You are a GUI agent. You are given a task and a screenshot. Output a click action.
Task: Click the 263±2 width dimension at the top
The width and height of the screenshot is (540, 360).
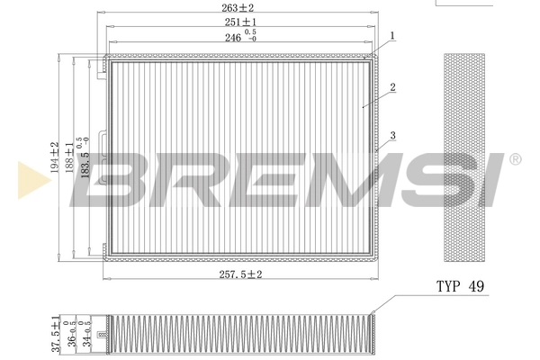point(239,8)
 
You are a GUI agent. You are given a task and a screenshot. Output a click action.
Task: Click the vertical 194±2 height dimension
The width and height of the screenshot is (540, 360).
point(55,158)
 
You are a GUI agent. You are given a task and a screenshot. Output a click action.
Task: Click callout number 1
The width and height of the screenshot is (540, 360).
point(393,36)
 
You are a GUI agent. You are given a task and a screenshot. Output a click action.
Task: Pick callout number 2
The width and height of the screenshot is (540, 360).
point(393,88)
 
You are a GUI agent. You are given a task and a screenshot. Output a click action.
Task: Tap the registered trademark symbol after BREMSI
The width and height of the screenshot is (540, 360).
point(515,159)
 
